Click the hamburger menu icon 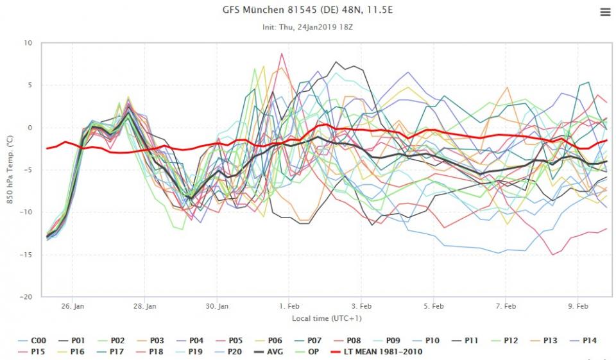point(604,12)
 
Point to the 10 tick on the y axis point(28,43)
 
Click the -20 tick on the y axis point(26,297)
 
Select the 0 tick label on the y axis point(30,128)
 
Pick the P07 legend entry point(307,341)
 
